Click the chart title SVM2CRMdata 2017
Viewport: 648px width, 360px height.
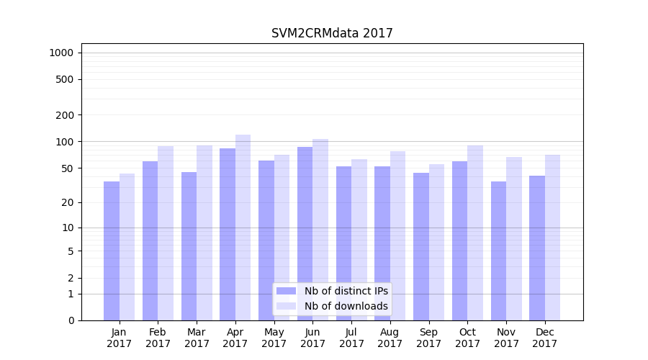(332, 33)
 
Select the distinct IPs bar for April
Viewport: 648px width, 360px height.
(228, 234)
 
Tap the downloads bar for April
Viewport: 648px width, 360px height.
(243, 227)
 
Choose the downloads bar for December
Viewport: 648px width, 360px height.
(552, 238)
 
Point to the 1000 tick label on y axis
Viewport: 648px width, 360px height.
(61, 53)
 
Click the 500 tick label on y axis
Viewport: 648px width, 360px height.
(65, 79)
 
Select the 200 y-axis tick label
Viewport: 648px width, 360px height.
(65, 114)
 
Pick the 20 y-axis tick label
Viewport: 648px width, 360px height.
(67, 202)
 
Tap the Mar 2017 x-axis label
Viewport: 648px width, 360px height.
(197, 338)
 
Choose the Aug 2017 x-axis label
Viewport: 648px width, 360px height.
(390, 338)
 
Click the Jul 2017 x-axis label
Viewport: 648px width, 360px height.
(351, 338)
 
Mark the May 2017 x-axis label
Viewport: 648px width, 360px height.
(274, 338)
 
